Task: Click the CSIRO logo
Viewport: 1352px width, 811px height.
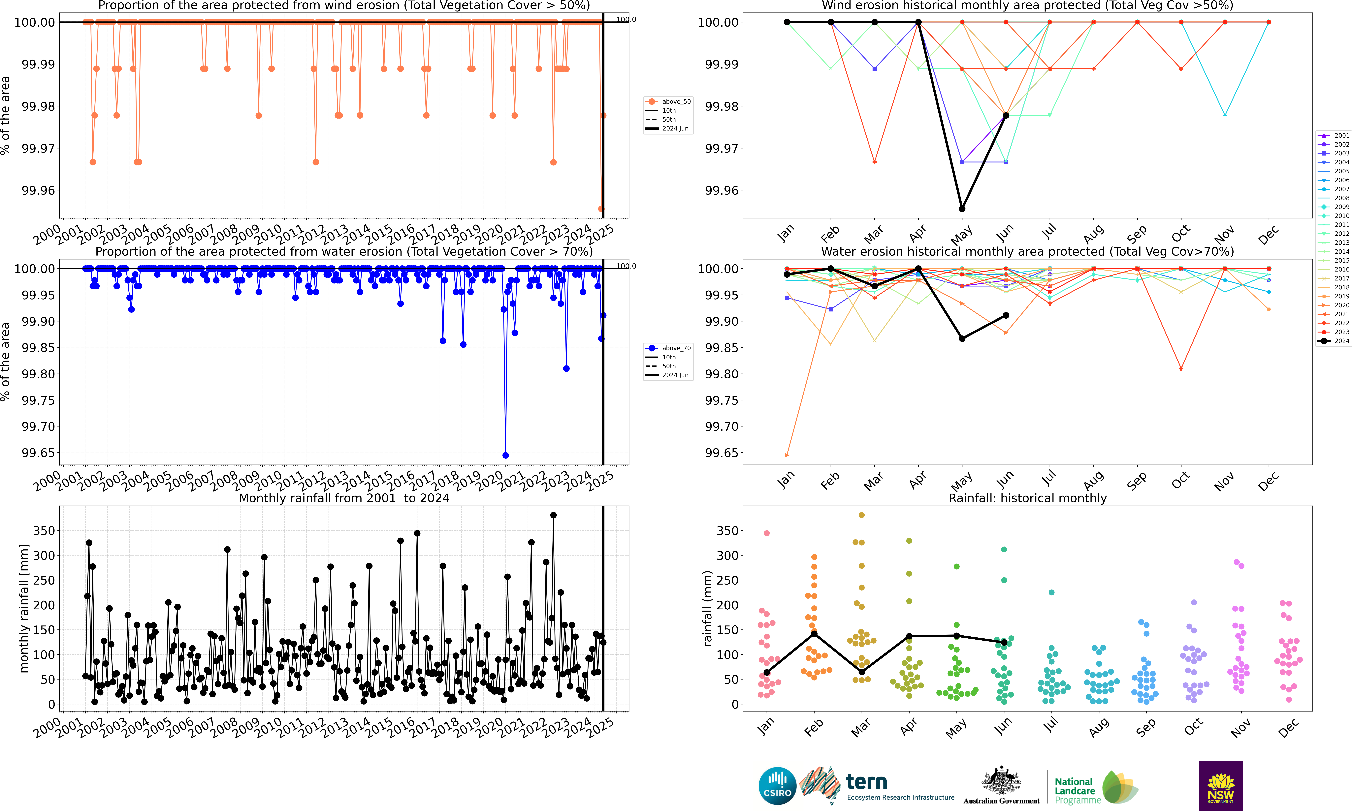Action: pos(777,786)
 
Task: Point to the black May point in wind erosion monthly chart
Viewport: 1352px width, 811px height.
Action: pos(962,209)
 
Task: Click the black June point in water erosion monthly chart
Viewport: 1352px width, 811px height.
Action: pos(1006,315)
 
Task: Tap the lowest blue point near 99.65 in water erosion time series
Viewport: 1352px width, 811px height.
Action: pos(506,455)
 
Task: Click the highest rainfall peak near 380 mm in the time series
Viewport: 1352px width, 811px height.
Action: pos(553,515)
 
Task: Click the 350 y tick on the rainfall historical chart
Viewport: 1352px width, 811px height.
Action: pos(727,531)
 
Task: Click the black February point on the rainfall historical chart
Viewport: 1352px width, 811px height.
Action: pos(814,633)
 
